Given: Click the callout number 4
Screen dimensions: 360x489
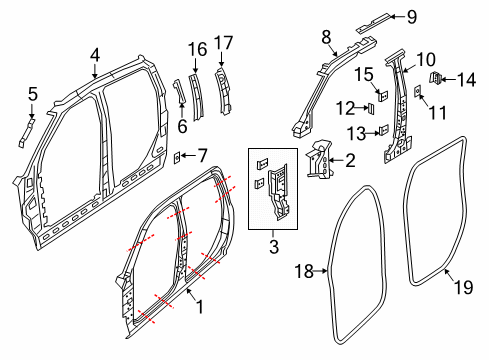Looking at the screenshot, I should [x=95, y=54].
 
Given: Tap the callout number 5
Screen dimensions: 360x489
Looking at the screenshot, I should [x=32, y=95].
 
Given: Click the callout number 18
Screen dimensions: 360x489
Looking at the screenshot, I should [x=307, y=269].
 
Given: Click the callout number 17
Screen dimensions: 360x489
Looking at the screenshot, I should [x=223, y=44].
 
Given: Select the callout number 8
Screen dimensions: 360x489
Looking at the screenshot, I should [x=326, y=37].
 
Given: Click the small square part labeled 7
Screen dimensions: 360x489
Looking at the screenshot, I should [x=177, y=155].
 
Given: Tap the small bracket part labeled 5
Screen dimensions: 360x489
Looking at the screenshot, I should [x=24, y=133].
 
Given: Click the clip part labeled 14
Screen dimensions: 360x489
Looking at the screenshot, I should [x=436, y=77].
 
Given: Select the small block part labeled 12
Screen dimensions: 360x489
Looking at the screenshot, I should [x=369, y=108].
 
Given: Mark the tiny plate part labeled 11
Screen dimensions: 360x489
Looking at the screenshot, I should [x=416, y=92].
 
